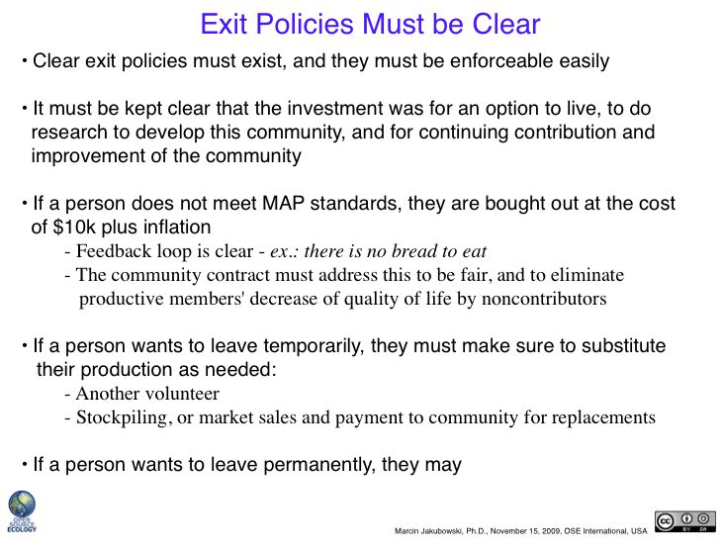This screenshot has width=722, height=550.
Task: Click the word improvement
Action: click(x=88, y=156)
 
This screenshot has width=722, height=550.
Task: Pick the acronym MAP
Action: click(x=283, y=203)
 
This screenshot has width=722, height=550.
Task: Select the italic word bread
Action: click(x=413, y=251)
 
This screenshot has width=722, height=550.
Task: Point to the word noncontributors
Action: click(x=544, y=299)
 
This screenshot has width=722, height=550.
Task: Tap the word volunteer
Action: click(x=182, y=394)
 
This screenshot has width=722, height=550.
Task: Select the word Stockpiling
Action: click(x=122, y=417)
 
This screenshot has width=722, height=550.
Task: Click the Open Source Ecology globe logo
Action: click(x=22, y=511)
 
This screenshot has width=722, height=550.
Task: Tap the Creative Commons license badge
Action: click(x=685, y=522)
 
